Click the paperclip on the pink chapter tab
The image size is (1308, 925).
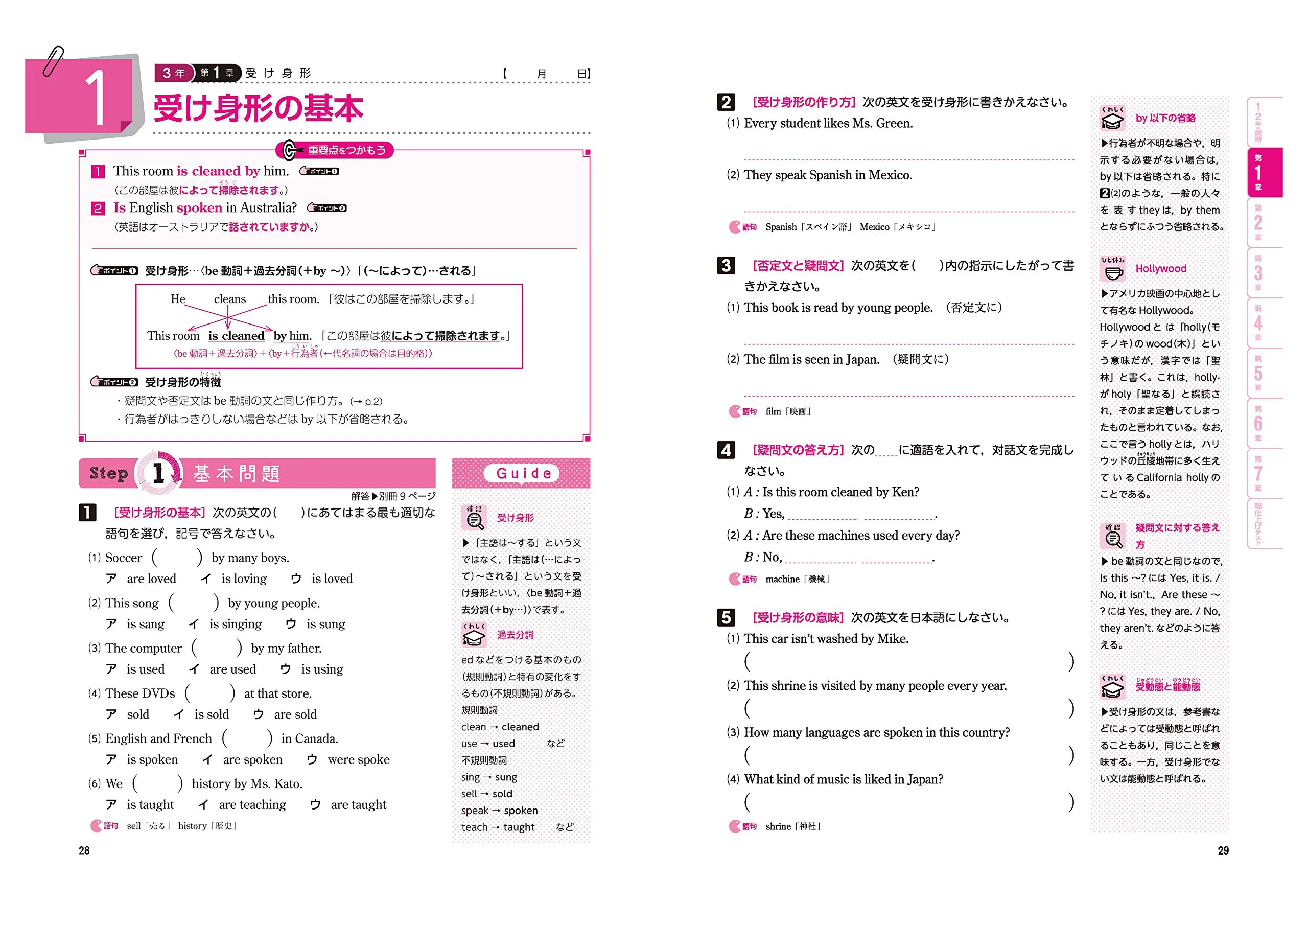tap(54, 61)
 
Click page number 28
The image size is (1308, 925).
tap(84, 850)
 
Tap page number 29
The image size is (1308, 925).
tap(1223, 850)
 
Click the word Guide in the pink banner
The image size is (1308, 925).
tap(524, 473)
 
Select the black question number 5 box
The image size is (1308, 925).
tap(726, 617)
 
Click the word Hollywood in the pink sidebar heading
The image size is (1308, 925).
tap(1160, 268)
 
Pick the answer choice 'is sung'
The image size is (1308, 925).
tap(325, 624)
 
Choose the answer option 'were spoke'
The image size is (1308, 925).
tap(358, 760)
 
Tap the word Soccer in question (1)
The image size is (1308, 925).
tap(124, 558)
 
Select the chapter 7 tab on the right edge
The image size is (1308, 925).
tap(1258, 473)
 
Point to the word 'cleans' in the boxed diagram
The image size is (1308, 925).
tap(229, 299)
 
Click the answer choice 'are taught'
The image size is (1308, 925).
tap(358, 805)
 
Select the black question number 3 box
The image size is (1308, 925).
tap(726, 266)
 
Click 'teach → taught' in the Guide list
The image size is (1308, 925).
tap(498, 827)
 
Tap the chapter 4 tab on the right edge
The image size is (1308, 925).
tap(1258, 323)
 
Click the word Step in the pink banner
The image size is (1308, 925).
tap(108, 473)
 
